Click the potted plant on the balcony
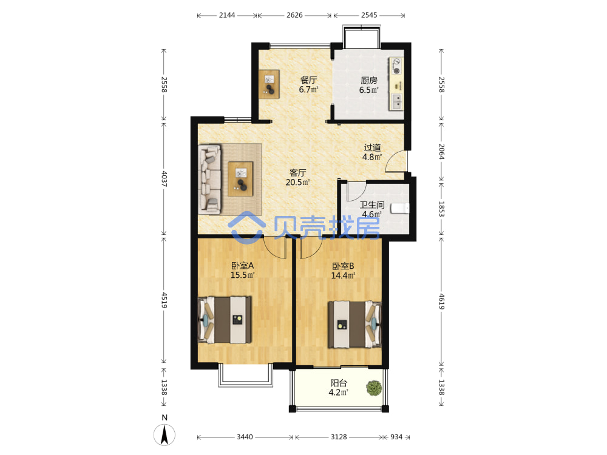click(374, 388)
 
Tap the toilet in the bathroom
click(399, 209)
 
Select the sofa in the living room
click(210, 179)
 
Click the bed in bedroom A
click(225, 320)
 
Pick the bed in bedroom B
click(355, 324)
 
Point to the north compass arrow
click(164, 434)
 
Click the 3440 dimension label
click(245, 437)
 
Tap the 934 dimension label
click(396, 437)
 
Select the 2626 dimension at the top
click(294, 15)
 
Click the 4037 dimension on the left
click(164, 179)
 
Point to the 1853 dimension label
click(442, 209)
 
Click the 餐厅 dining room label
click(308, 80)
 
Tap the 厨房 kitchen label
click(369, 80)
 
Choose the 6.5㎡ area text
click(368, 90)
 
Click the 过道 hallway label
click(372, 147)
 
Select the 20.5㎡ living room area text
click(297, 182)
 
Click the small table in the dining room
click(270, 84)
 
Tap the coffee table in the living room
click(240, 179)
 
